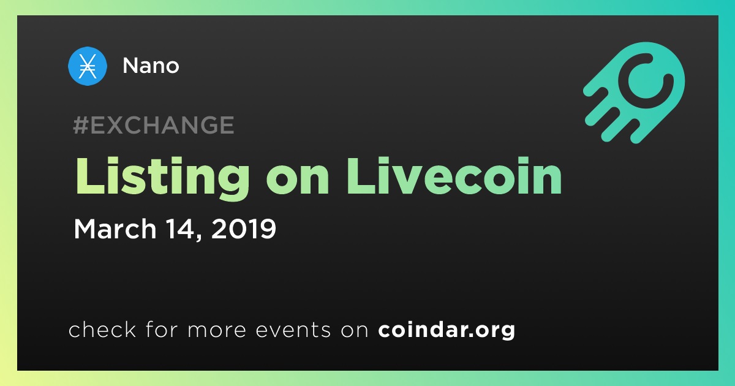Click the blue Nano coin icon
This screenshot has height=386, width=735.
87,66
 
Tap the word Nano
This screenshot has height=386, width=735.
151,66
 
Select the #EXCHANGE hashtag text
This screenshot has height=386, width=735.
154,125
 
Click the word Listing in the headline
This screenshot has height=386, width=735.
162,178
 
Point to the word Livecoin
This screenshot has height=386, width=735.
454,176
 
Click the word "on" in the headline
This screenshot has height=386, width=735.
298,181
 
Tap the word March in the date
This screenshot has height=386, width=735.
115,229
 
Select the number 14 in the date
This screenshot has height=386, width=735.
179,229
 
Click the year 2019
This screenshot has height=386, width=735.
244,229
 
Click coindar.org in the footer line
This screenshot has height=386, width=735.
447,330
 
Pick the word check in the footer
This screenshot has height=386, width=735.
102,329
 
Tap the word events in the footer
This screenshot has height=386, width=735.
293,330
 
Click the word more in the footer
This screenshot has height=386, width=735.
217,330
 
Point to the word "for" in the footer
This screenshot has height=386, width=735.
162,329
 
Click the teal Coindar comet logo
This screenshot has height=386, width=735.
635,93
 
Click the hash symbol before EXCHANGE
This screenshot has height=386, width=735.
81,125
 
